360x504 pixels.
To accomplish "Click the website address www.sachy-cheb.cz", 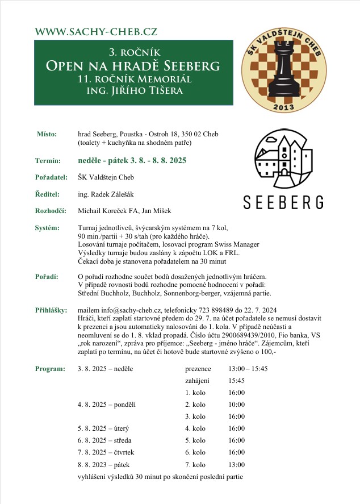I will pyautogui.click(x=96, y=32).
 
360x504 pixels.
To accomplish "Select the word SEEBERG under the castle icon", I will pyautogui.click(x=283, y=202).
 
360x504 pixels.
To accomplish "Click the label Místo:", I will pyautogui.click(x=47, y=134).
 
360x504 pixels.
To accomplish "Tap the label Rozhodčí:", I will pyautogui.click(x=51, y=211).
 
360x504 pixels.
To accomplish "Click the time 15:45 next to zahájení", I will pyautogui.click(x=237, y=380).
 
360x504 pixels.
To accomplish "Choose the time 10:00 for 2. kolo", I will pyautogui.click(x=237, y=405).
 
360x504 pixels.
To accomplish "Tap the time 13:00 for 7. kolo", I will pyautogui.click(x=237, y=464).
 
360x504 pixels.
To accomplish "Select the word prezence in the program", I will pyautogui.click(x=198, y=368).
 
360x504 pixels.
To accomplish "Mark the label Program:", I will pyautogui.click(x=50, y=368).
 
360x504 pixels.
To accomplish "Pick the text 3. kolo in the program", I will pyautogui.click(x=195, y=416).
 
